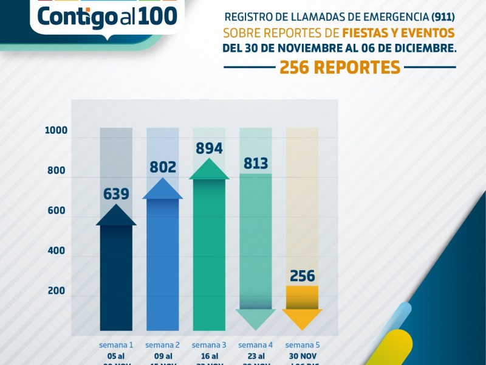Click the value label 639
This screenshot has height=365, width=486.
pyautogui.click(x=116, y=194)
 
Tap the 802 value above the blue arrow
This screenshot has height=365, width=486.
pyautogui.click(x=162, y=167)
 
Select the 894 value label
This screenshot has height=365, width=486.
pyautogui.click(x=209, y=148)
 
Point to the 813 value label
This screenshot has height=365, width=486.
pyautogui.click(x=255, y=163)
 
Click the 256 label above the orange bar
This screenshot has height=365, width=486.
pyautogui.click(x=302, y=276)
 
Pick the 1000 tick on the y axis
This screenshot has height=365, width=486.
pyautogui.click(x=56, y=131)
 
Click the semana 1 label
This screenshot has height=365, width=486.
pyautogui.click(x=116, y=345)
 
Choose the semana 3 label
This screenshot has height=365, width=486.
pyautogui.click(x=209, y=345)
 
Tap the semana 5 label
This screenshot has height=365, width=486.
pyautogui.click(x=302, y=345)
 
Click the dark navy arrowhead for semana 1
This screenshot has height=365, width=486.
pyautogui.click(x=116, y=216)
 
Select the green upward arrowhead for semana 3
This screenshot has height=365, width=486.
pyautogui.click(x=209, y=170)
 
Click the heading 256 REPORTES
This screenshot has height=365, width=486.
pyautogui.click(x=340, y=68)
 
